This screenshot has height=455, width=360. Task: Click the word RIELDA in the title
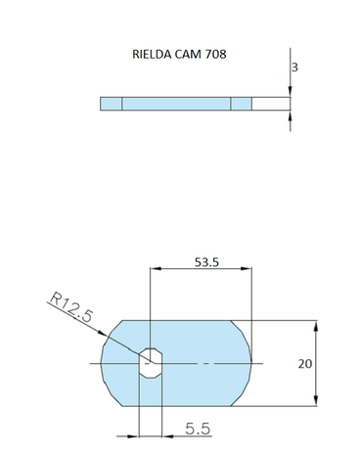point(151,55)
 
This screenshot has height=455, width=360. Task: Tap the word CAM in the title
point(191,55)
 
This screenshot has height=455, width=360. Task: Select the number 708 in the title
point(217,55)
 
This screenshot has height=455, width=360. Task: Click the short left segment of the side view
point(111,104)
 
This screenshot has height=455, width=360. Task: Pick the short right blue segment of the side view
point(241,104)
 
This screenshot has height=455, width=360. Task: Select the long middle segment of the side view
point(176,104)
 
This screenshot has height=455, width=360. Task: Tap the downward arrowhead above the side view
point(291,91)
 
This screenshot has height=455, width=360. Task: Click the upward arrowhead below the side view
point(291,116)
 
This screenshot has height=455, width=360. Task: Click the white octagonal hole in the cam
point(149,363)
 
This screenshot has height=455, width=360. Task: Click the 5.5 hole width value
point(199,429)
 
